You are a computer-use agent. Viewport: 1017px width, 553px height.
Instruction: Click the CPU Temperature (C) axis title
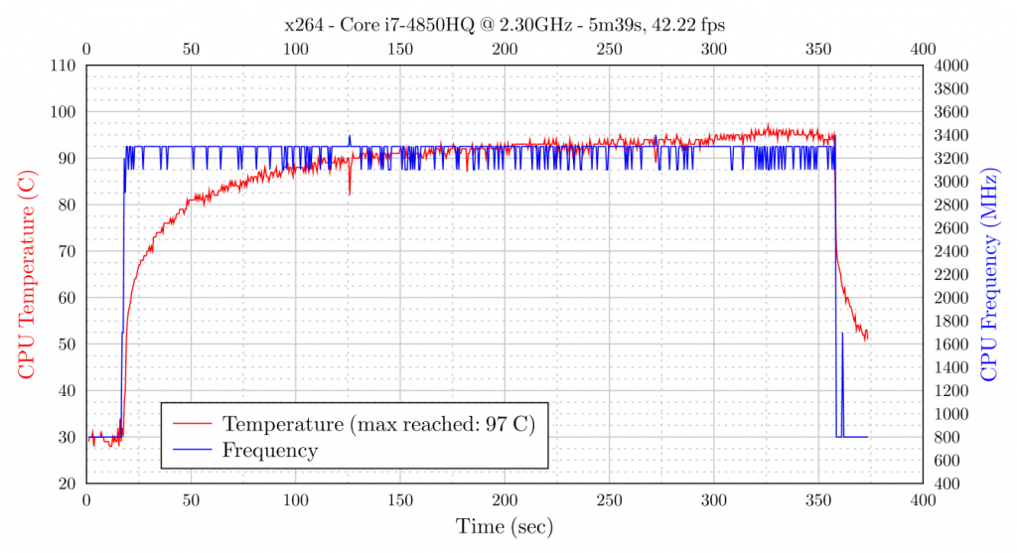pyautogui.click(x=27, y=273)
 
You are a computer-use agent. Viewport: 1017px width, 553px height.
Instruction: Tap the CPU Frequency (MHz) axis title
pyautogui.click(x=989, y=273)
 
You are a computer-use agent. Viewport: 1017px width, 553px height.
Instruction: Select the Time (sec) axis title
pyautogui.click(x=504, y=526)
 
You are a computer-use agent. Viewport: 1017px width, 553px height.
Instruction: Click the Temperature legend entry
pyautogui.click(x=378, y=424)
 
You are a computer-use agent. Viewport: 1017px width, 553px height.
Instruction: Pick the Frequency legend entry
pyautogui.click(x=270, y=451)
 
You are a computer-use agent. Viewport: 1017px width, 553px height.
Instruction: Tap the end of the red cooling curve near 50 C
pyautogui.click(x=866, y=339)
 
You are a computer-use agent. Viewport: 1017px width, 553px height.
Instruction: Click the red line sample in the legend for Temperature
pyautogui.click(x=194, y=424)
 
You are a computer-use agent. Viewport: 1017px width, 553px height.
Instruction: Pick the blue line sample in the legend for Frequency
pyautogui.click(x=194, y=451)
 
